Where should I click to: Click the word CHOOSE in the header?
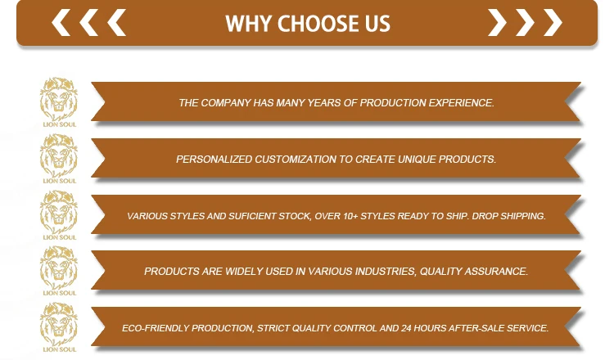[318, 24]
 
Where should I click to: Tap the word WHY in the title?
[249, 24]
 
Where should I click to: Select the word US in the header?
[377, 24]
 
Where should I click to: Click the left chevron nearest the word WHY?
[117, 23]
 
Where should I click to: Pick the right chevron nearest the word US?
[497, 23]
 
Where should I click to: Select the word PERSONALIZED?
[214, 160]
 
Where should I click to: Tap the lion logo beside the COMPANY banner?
[59, 101]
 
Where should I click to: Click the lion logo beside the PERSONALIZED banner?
[59, 159]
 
